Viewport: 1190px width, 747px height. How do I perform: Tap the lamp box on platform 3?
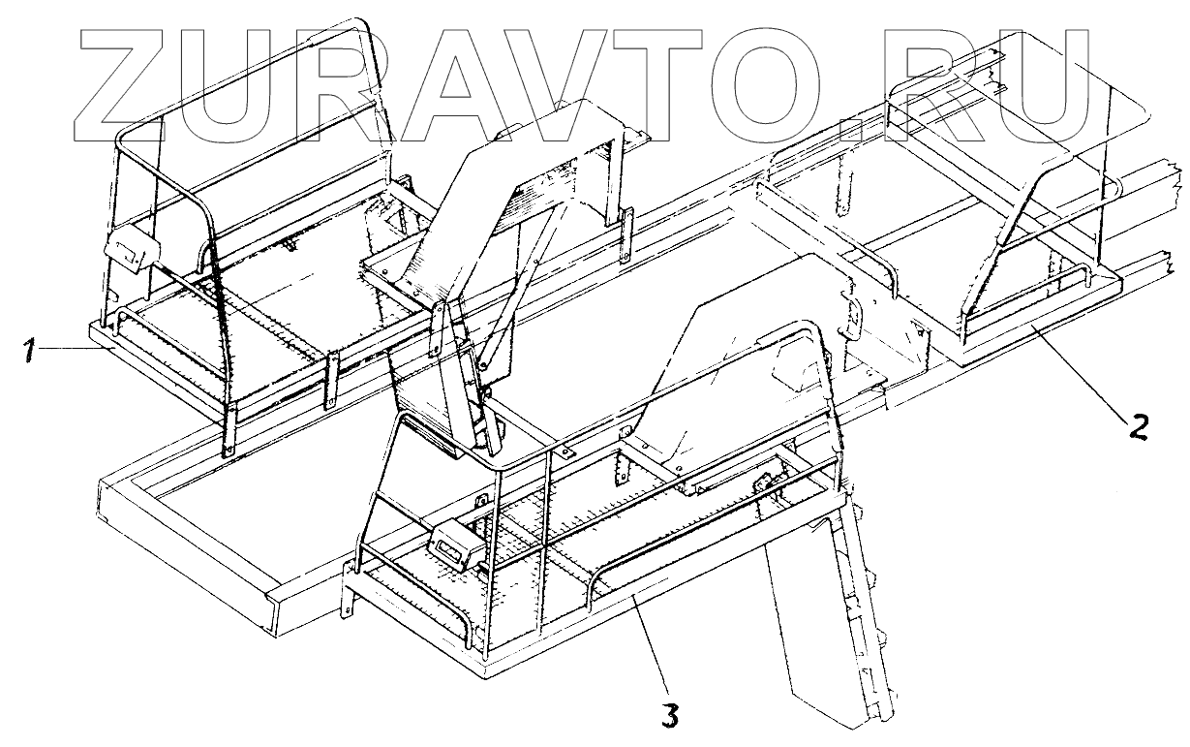click(454, 545)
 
